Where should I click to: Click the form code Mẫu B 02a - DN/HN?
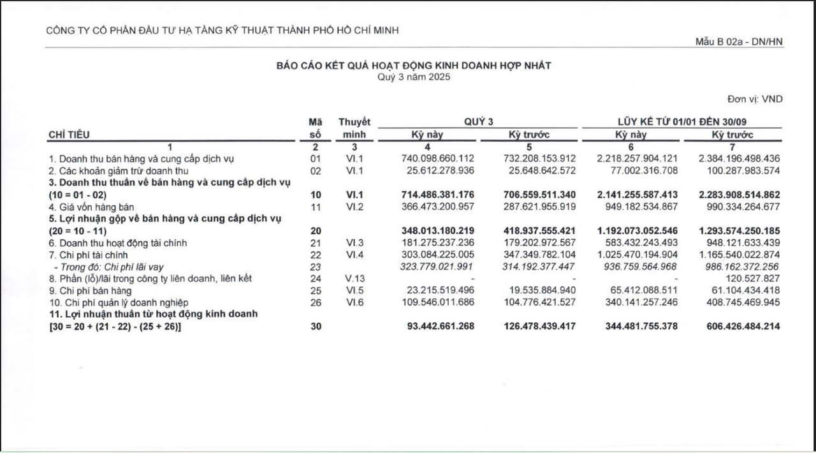(x=739, y=42)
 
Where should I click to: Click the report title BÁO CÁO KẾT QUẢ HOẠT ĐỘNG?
(x=413, y=66)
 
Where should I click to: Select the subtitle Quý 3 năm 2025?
(x=413, y=77)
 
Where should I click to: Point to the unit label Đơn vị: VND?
(x=755, y=99)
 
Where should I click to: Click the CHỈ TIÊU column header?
(x=69, y=135)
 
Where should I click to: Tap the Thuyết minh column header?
(x=354, y=128)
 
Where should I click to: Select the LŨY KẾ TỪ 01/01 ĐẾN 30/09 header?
(x=681, y=122)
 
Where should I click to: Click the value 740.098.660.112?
(x=437, y=158)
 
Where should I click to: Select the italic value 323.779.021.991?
(x=436, y=267)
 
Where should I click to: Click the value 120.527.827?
(x=753, y=279)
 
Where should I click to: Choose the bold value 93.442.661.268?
(x=441, y=327)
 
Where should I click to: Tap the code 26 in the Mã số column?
(x=316, y=302)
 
